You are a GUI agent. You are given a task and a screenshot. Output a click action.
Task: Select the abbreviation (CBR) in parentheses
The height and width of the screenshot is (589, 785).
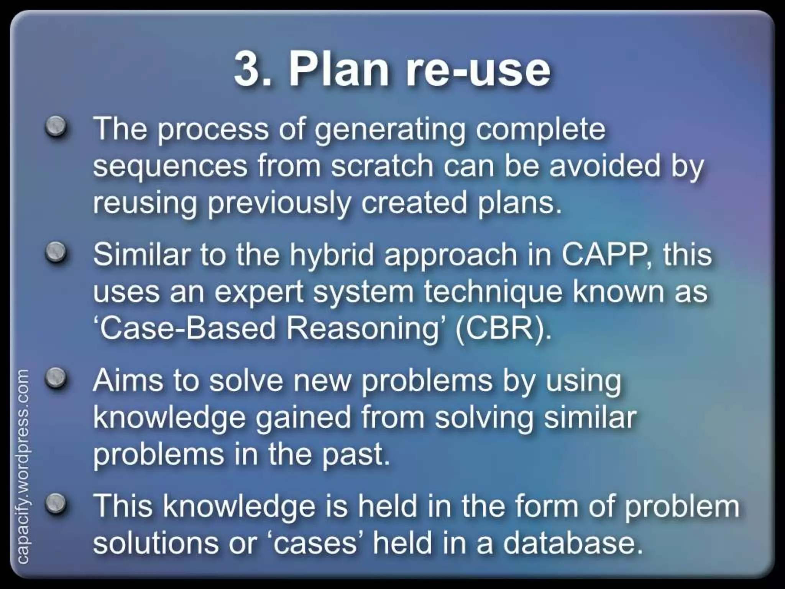tap(503, 328)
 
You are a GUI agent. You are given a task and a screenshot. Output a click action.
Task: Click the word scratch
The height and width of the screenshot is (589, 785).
tap(382, 166)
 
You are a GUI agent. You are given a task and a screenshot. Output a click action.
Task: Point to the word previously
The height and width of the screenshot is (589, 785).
tap(279, 203)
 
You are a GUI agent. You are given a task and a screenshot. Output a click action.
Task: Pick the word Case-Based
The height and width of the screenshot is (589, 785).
tap(185, 328)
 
